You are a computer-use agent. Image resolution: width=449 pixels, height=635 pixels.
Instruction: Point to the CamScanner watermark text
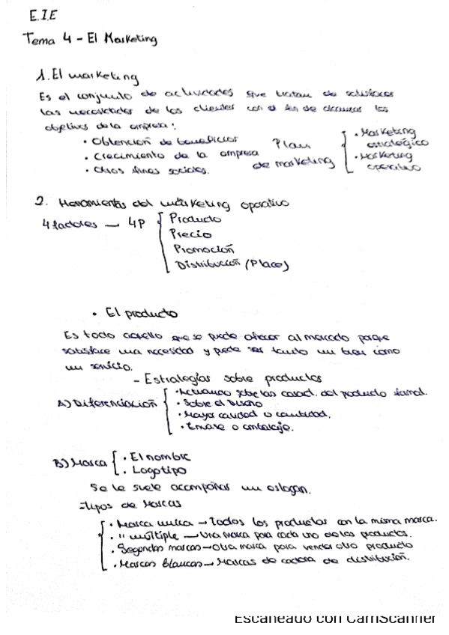(x=334, y=619)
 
